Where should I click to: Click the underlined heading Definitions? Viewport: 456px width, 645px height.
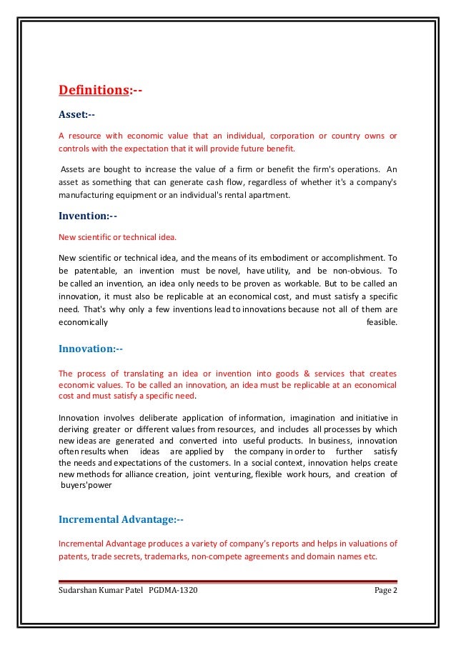pyautogui.click(x=93, y=91)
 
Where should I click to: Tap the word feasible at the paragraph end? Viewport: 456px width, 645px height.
pyautogui.click(x=381, y=322)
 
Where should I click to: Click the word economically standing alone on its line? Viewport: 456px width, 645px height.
pyautogui.click(x=83, y=322)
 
